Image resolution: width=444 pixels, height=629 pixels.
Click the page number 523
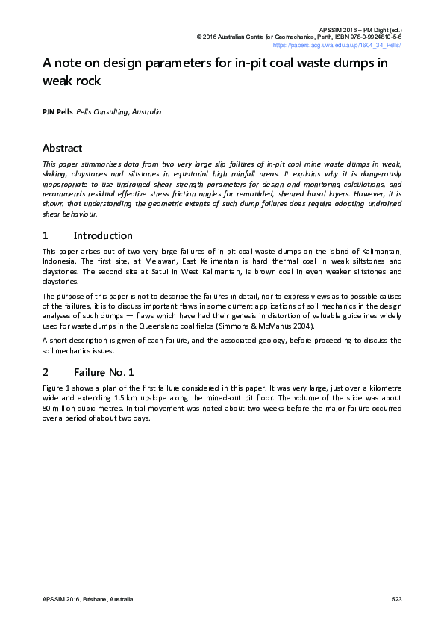tap(395, 600)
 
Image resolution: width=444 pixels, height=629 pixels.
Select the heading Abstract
tap(62, 148)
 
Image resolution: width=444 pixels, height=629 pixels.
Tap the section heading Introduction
tap(103, 235)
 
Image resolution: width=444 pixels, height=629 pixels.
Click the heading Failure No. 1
tap(104, 371)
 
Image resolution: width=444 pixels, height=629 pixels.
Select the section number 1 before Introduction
tap(45, 235)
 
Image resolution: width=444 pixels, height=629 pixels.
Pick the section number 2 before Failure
tap(46, 371)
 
